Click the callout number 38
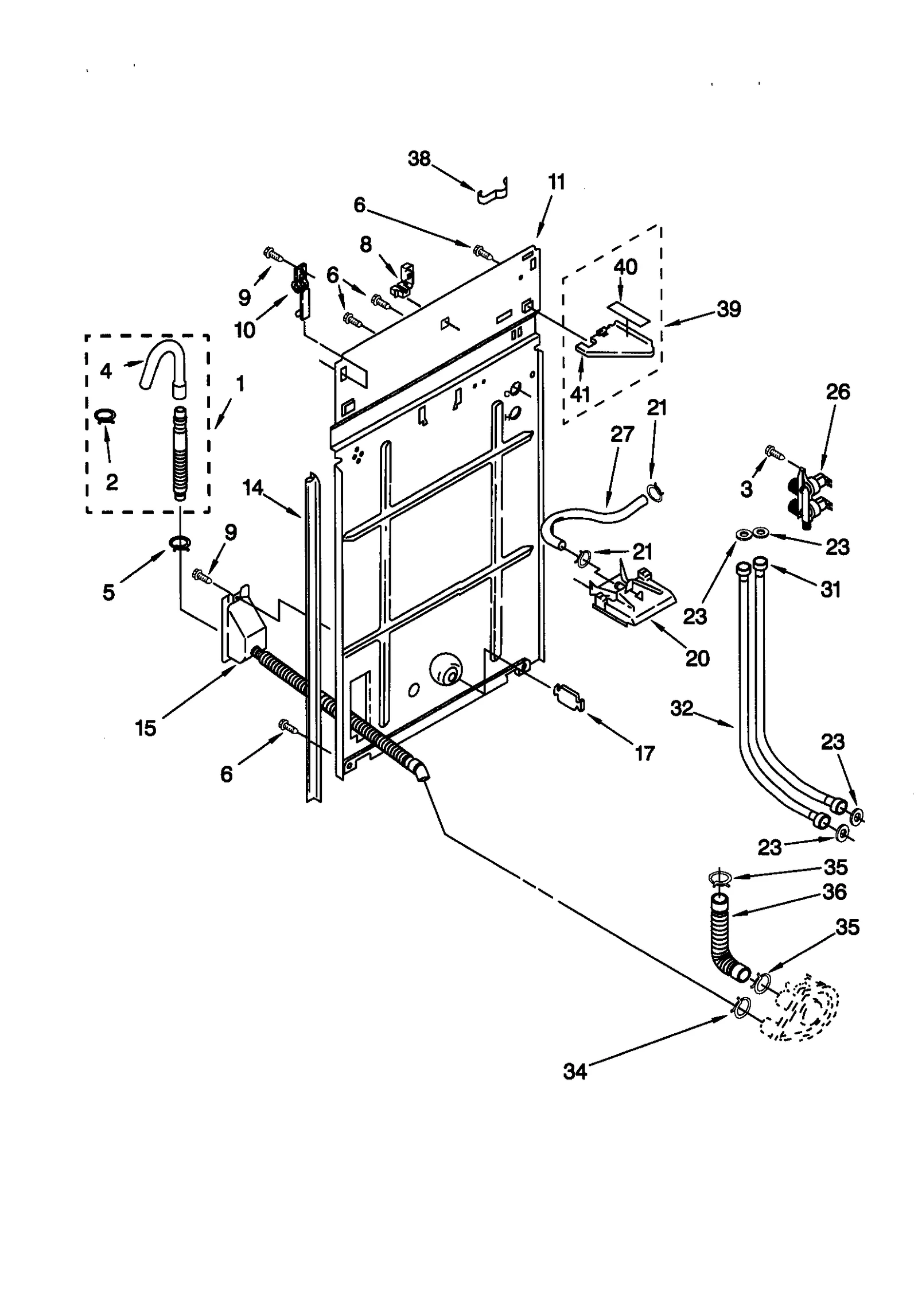[x=419, y=158]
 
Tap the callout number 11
[x=556, y=183]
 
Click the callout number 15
[x=146, y=728]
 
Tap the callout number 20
[x=697, y=658]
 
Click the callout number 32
[x=682, y=709]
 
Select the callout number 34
[x=575, y=1071]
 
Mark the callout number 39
[x=729, y=309]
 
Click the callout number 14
[x=252, y=488]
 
